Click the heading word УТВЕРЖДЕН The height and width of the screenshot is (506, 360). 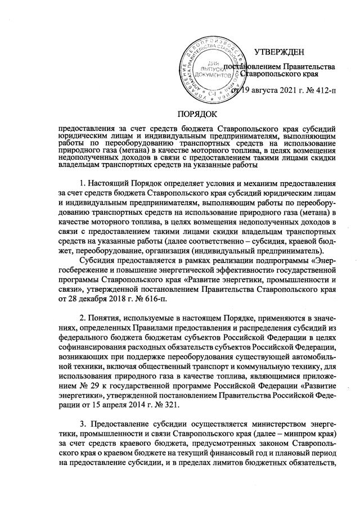pyautogui.click(x=279, y=53)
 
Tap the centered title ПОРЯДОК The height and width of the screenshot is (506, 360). pyautogui.click(x=179, y=113)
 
